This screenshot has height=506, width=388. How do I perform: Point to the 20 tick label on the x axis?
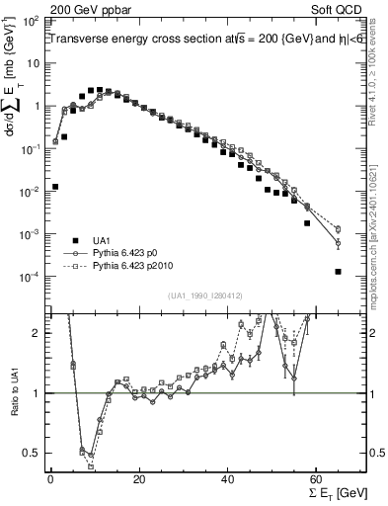tap(139, 479)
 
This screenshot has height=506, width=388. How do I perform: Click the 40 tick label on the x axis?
tap(228, 479)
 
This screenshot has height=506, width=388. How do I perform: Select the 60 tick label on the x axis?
tap(317, 479)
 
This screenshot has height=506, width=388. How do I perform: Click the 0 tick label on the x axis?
tap(50, 479)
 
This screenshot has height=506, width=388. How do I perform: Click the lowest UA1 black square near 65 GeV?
tap(338, 272)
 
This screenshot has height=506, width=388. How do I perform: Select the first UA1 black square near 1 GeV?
tap(55, 186)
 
